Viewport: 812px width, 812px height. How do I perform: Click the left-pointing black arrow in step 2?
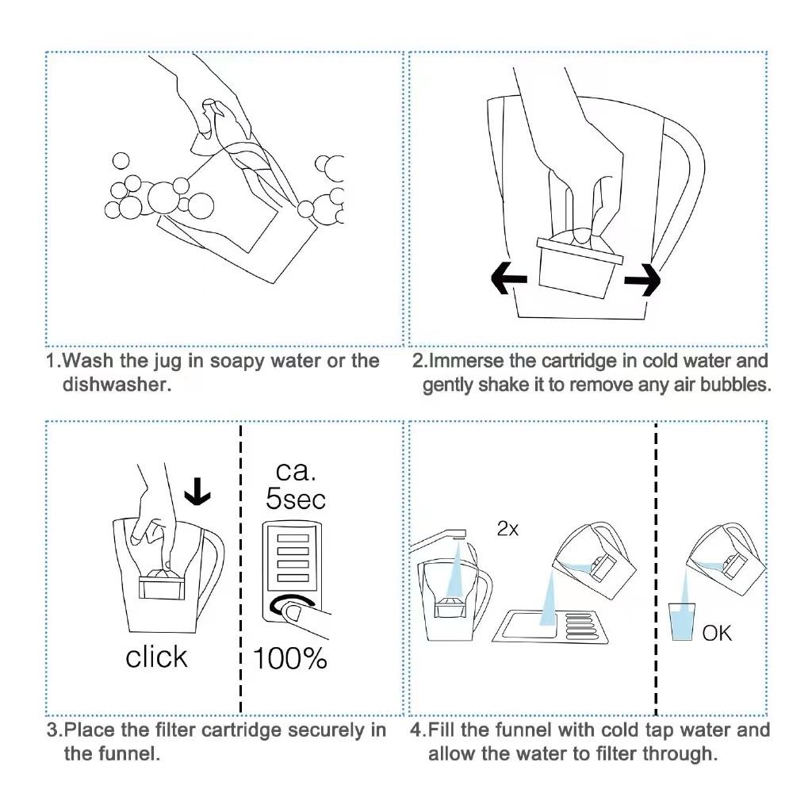(508, 278)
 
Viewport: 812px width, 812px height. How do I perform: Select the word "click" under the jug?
(156, 657)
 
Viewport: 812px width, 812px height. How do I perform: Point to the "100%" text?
(289, 657)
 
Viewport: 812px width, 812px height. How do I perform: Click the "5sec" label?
(295, 499)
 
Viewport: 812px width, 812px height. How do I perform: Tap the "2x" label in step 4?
(507, 529)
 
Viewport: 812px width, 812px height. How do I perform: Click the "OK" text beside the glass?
(717, 633)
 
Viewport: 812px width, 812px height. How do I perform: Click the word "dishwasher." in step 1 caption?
(117, 385)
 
